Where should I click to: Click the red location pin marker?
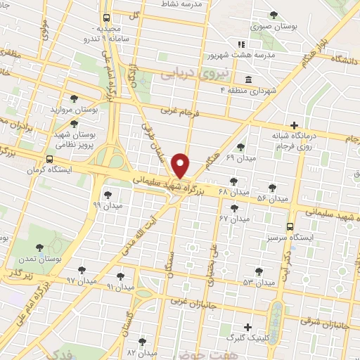click(x=181, y=166)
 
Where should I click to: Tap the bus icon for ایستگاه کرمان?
click(x=49, y=159)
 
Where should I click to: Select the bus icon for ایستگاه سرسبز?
click(x=290, y=226)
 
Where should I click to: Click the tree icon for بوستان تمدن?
click(x=39, y=247)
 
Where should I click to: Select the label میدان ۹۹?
click(x=107, y=206)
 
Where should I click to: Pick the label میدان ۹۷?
click(x=80, y=281)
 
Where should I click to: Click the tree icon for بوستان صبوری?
click(x=274, y=14)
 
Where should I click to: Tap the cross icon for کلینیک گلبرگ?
click(x=247, y=327)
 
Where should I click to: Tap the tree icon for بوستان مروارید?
click(x=74, y=98)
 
